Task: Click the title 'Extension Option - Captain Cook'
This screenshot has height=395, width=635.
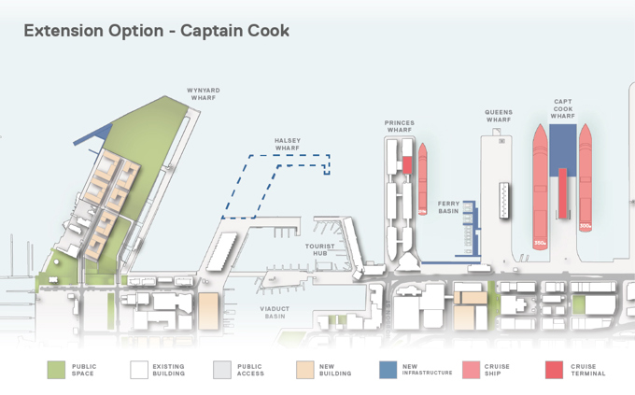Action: click(x=156, y=31)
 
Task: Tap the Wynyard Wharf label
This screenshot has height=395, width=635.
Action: click(x=205, y=94)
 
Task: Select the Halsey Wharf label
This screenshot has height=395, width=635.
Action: click(x=287, y=144)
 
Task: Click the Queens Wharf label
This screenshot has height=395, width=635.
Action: click(x=499, y=117)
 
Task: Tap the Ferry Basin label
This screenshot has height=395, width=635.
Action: click(x=449, y=206)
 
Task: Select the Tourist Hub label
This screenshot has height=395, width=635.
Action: click(x=319, y=249)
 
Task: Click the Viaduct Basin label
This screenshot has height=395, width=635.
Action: click(x=275, y=312)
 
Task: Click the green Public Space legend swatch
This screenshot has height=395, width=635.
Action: click(x=57, y=370)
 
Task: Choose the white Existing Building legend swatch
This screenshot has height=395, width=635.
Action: click(x=140, y=370)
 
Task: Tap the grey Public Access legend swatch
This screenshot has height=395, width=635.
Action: click(x=222, y=370)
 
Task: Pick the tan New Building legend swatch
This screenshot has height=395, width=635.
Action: click(x=305, y=370)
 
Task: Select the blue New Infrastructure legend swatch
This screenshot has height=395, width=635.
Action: click(x=388, y=370)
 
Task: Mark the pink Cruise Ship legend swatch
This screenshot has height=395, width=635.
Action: click(x=472, y=370)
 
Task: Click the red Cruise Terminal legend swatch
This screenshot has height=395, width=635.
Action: click(x=554, y=370)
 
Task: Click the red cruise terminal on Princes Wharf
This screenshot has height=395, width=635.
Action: click(x=407, y=165)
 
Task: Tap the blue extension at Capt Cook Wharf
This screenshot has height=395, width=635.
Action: click(x=563, y=146)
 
